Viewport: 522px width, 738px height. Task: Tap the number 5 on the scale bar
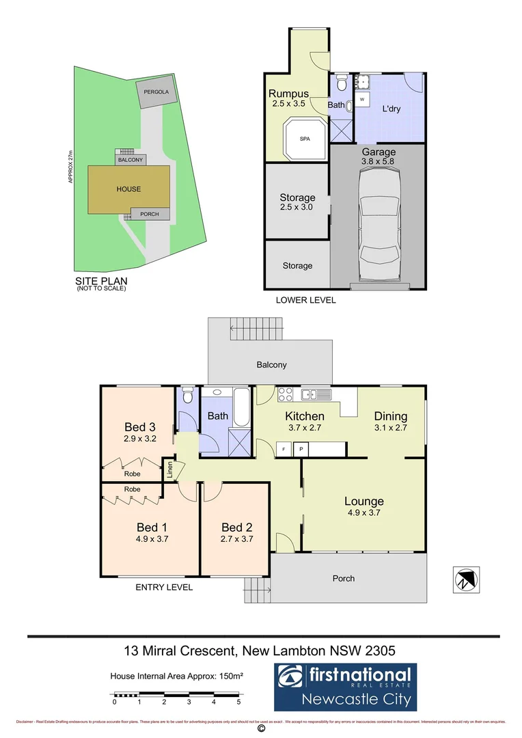click(238, 702)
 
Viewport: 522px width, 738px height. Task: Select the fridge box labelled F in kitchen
click(283, 449)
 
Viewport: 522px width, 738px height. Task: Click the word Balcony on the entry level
click(271, 365)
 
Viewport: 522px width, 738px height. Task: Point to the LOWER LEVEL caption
click(305, 300)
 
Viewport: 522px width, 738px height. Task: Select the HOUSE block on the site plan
click(128, 189)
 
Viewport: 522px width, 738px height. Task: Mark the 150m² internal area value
click(230, 676)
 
